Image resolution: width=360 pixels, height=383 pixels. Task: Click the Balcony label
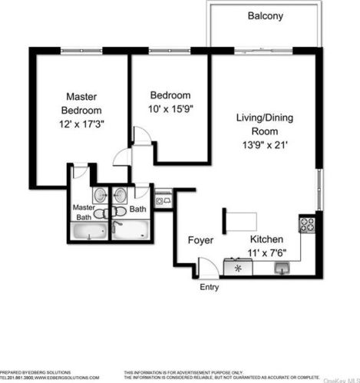[265, 15]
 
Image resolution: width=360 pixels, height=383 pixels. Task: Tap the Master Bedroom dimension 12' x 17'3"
[80, 123]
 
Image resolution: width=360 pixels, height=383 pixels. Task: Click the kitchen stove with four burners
[308, 225]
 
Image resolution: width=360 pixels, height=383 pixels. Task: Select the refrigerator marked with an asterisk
[238, 268]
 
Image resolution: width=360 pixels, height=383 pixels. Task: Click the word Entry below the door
[209, 288]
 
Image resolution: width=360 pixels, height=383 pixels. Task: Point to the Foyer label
[200, 240]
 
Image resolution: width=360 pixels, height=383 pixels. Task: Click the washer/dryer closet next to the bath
[163, 200]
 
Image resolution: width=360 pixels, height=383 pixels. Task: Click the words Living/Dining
[264, 117]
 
